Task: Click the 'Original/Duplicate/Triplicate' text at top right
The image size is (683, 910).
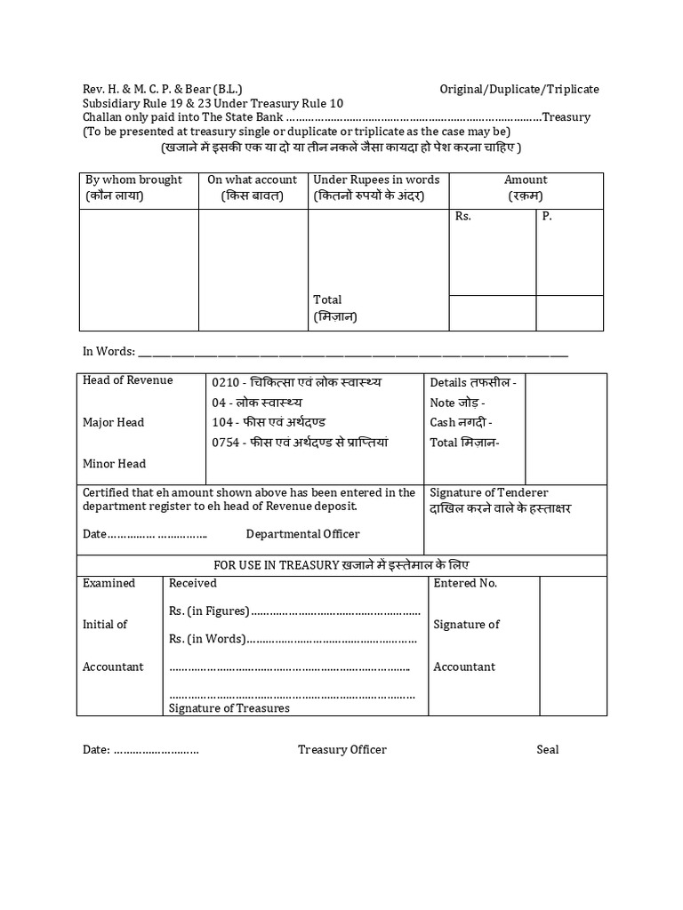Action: [x=519, y=89]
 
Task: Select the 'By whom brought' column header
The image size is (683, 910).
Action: [x=133, y=180]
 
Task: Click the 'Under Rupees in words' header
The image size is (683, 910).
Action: [x=376, y=180]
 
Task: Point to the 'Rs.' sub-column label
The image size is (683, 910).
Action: [x=462, y=216]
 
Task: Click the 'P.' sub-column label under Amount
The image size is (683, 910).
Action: [x=547, y=216]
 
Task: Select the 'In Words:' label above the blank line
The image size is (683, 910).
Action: [x=108, y=352]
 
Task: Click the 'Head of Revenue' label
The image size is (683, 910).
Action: [x=128, y=380]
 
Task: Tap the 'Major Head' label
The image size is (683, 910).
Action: [x=113, y=422]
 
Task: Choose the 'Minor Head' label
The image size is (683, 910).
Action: [x=114, y=464]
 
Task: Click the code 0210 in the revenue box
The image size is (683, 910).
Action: [x=226, y=382]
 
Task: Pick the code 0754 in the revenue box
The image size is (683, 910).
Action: [x=226, y=443]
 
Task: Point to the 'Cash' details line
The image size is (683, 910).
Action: [x=461, y=423]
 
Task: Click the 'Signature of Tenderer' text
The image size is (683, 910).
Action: [x=488, y=492]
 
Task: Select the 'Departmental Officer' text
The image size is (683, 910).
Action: [x=302, y=534]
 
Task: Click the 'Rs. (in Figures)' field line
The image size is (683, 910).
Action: [x=293, y=611]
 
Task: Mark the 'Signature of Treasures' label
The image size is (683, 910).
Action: [x=229, y=708]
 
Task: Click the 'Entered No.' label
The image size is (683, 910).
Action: [x=465, y=583]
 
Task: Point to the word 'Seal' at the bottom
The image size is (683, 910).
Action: [x=547, y=750]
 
